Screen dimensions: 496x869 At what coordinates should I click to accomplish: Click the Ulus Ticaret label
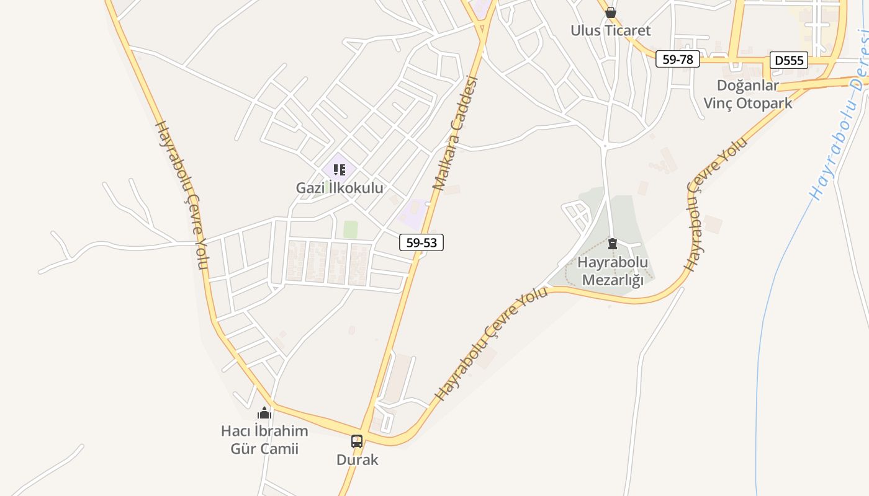point(611,30)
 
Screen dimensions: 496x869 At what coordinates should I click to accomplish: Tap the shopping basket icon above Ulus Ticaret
point(611,12)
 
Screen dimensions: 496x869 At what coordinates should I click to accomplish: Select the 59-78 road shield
point(678,60)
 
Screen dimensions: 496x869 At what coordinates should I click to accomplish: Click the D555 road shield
point(789,60)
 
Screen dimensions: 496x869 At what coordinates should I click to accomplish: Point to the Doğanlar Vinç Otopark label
point(748,94)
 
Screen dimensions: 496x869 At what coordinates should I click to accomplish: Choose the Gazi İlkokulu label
point(340,188)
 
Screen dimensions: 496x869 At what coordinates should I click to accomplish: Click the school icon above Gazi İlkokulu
point(339,169)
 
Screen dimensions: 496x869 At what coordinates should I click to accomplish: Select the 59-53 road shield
point(421,242)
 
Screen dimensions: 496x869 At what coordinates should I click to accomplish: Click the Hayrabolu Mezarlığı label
point(613,271)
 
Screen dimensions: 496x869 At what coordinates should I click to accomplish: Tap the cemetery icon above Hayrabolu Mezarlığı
point(613,244)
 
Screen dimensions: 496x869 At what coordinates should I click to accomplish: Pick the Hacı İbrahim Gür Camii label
point(264,439)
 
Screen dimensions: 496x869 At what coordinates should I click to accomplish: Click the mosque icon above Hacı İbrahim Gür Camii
point(265,412)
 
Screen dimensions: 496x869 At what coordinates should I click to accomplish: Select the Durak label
point(357,460)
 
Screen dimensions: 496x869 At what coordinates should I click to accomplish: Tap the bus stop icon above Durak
point(357,441)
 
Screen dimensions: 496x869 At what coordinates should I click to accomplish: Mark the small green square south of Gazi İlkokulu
point(351,229)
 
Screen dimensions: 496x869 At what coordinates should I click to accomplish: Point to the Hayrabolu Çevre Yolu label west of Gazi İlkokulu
point(180,195)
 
